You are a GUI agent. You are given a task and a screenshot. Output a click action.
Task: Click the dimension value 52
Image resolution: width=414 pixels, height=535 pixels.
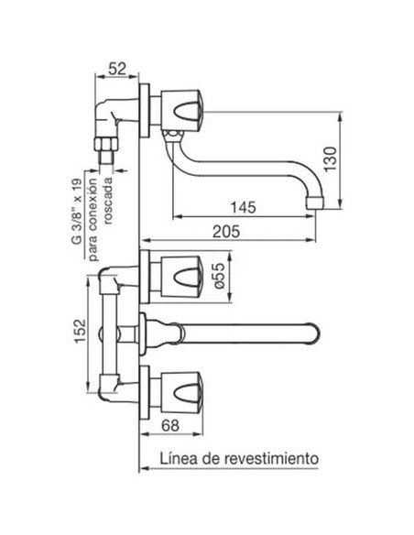tap(117, 70)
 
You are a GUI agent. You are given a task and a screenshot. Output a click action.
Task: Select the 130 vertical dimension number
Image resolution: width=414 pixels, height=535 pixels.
tap(330, 159)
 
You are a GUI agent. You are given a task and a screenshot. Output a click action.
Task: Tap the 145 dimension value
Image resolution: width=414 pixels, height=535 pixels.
tap(243, 207)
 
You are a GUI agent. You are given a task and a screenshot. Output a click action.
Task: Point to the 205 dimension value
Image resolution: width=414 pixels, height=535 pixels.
tap(226, 232)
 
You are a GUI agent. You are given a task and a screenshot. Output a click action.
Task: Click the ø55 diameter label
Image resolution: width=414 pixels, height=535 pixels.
tap(220, 277)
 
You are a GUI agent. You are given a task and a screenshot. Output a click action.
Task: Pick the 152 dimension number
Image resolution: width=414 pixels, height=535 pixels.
tap(80, 331)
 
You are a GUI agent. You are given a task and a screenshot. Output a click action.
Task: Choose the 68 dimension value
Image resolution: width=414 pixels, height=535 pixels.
tap(170, 425)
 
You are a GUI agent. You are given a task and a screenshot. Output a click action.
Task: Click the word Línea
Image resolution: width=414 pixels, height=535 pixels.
tap(179, 458)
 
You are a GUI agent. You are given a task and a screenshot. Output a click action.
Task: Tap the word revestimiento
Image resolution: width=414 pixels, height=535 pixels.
tap(271, 458)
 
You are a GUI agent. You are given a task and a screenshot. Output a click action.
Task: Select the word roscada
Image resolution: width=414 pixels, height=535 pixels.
tap(108, 201)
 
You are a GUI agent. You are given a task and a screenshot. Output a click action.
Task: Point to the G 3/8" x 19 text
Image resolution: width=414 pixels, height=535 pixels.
tap(77, 212)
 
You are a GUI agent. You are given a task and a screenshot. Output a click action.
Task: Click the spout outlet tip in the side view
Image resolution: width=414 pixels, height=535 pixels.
tap(315, 202)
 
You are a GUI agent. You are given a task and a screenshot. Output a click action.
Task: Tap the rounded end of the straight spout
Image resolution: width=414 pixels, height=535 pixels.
tap(315, 333)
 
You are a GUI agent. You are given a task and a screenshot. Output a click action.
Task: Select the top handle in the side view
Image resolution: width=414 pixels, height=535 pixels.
tap(181, 111)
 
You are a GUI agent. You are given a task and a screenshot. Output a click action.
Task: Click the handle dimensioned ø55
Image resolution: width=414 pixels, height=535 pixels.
tap(181, 277)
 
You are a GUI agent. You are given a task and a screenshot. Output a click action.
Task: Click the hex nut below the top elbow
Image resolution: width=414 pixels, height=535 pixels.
tap(106, 144)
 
